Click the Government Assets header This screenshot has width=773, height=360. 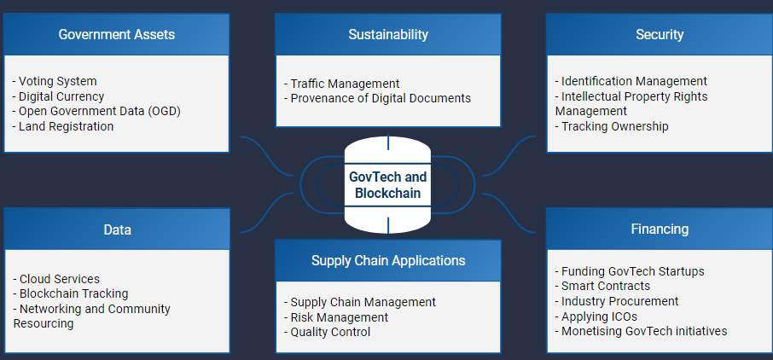[117, 35]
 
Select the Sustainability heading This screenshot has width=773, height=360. [388, 35]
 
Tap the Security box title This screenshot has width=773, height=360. [660, 35]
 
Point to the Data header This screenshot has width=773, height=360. [117, 229]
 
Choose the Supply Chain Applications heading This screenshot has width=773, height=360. [388, 261]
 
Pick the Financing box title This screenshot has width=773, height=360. [660, 229]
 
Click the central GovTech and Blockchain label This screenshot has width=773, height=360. [388, 185]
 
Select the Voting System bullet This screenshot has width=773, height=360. [55, 82]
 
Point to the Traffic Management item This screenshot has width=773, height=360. [342, 84]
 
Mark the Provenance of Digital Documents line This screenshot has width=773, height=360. [378, 98]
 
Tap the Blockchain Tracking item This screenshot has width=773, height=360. [71, 293]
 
